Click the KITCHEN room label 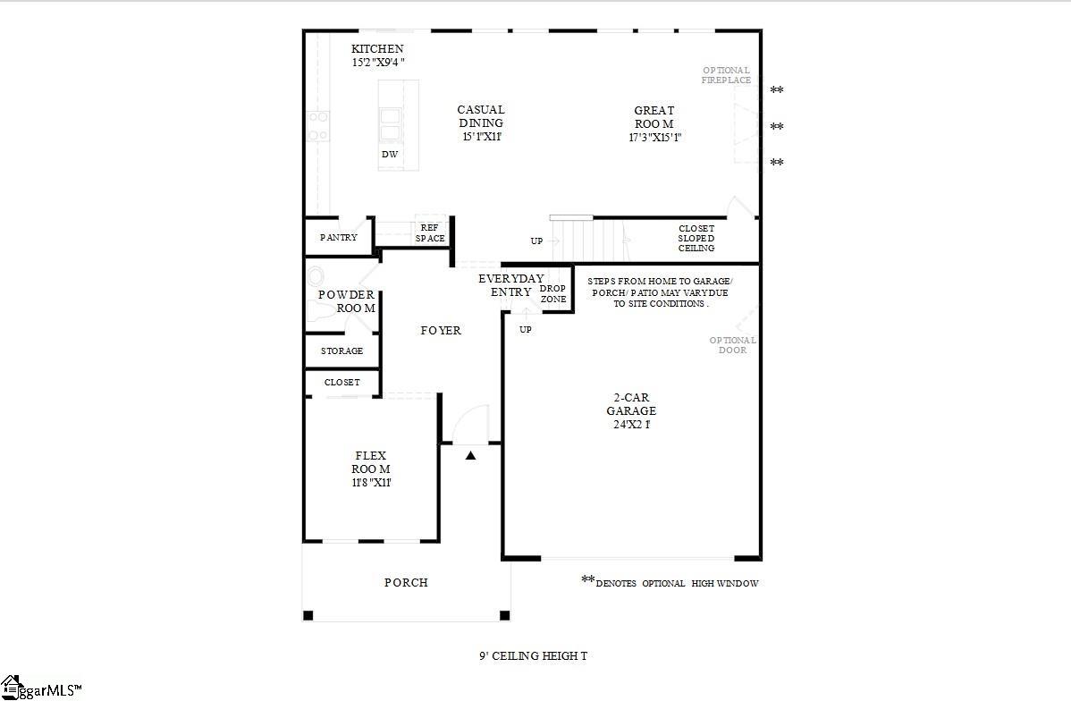[x=377, y=49]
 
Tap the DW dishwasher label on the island [x=390, y=155]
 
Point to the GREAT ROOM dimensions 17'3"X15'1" [x=655, y=137]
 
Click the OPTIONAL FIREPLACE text [x=726, y=75]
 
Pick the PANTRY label [x=339, y=238]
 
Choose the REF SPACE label [x=430, y=233]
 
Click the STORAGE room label [x=342, y=351]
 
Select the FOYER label [x=441, y=331]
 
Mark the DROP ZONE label [x=553, y=293]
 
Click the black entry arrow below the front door [x=471, y=455]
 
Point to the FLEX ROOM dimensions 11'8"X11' [x=372, y=483]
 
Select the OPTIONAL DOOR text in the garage [x=733, y=345]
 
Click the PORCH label [x=406, y=583]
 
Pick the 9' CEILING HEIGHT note [x=533, y=656]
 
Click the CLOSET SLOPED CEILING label [x=696, y=238]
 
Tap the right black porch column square [x=504, y=615]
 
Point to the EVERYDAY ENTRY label [x=510, y=285]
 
